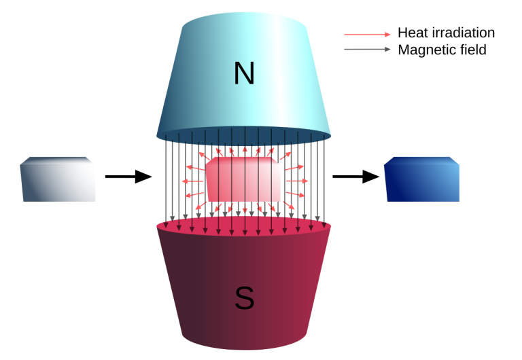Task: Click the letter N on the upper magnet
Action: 243,73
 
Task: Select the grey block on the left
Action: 58,182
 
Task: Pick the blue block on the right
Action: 422,182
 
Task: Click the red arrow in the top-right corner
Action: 367,34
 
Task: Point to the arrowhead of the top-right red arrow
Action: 388,34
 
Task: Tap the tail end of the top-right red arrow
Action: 345,34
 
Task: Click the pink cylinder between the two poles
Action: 243,180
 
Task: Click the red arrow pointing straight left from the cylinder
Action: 192,181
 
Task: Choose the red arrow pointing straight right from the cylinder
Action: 297,181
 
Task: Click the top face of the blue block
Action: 421,160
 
